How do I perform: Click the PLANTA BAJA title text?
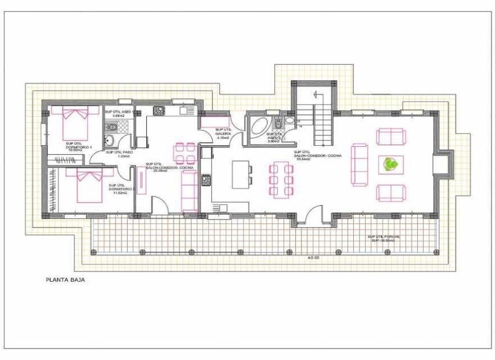point(65,278)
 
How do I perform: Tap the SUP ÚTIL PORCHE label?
point(384,239)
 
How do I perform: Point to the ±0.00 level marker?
point(313,258)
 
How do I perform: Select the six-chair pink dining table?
point(281,180)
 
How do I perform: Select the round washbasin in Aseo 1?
point(111,141)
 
